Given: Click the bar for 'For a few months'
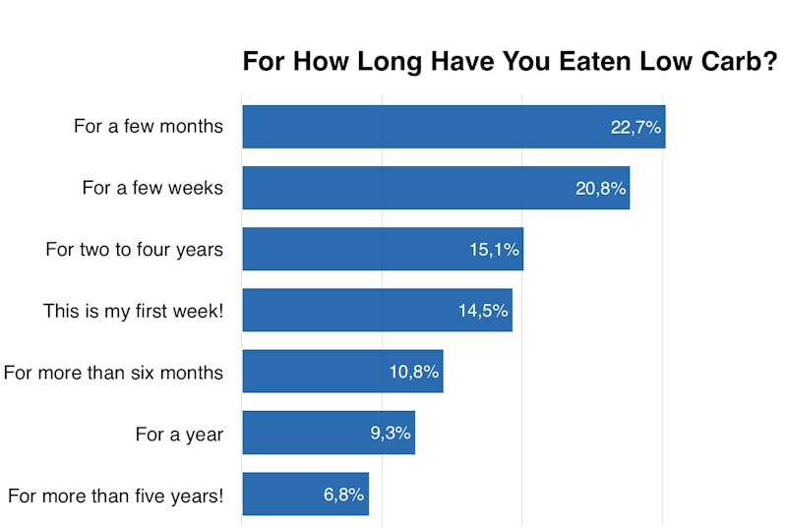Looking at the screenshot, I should pyautogui.click(x=423, y=127).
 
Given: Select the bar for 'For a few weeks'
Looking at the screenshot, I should pyautogui.click(x=403, y=188).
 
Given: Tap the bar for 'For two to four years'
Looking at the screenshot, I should pyautogui.click(x=354, y=249).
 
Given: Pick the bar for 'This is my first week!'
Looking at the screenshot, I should pyautogui.click(x=344, y=310).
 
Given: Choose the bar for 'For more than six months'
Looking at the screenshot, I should pyautogui.click(x=315, y=371).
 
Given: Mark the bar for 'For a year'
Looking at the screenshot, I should pyautogui.click(x=305, y=433).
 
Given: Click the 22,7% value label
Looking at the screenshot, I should pyautogui.click(x=636, y=127).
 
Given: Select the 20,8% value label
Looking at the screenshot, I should pyautogui.click(x=600, y=188).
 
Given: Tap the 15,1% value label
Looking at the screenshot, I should pyautogui.click(x=494, y=250).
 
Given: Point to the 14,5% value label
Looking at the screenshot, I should pyautogui.click(x=483, y=311).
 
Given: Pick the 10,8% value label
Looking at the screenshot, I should pyautogui.click(x=414, y=372).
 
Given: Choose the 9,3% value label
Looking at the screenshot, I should pyautogui.click(x=391, y=433).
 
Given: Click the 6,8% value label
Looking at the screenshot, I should pyautogui.click(x=344, y=495).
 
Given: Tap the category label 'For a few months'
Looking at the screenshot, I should pyautogui.click(x=149, y=126).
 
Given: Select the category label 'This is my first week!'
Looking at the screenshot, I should pyautogui.click(x=133, y=311).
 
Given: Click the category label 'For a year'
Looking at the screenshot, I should pyautogui.click(x=179, y=434).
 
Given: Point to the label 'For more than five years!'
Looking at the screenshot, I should pyautogui.click(x=115, y=496).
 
